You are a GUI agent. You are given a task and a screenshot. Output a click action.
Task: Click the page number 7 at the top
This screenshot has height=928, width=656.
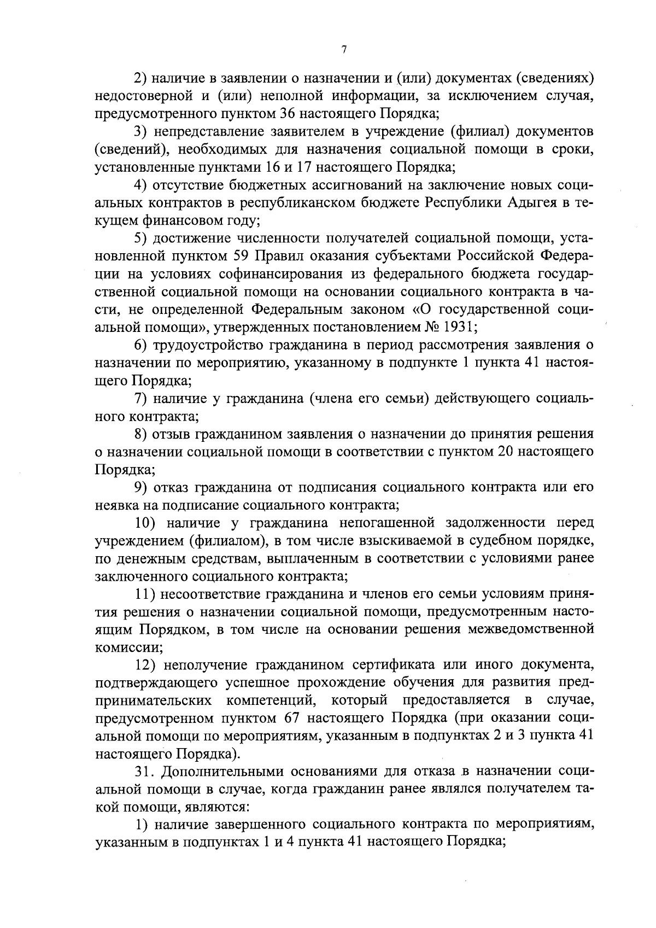(x=344, y=50)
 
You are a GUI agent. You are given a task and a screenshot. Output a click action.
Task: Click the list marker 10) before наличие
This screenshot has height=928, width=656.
(x=147, y=523)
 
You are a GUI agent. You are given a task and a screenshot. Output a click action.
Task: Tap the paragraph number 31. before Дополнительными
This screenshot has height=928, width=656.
(x=145, y=772)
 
